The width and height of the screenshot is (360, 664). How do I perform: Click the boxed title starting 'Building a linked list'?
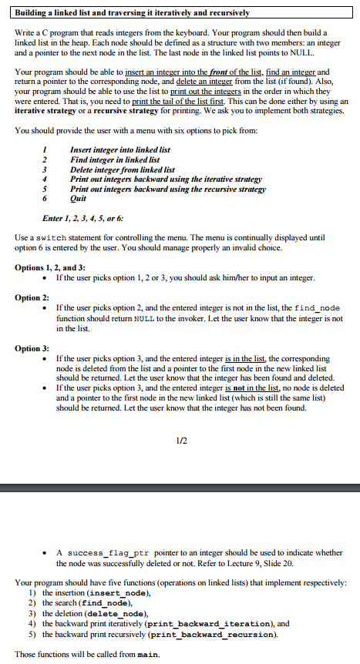point(133,14)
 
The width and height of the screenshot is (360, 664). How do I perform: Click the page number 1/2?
point(180,440)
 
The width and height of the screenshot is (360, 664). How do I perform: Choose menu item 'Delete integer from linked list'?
point(122,169)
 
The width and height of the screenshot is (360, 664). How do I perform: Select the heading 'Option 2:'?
point(32,297)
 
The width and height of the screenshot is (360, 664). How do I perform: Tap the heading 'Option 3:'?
point(32,348)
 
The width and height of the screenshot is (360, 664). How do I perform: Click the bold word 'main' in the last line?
point(146,654)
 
